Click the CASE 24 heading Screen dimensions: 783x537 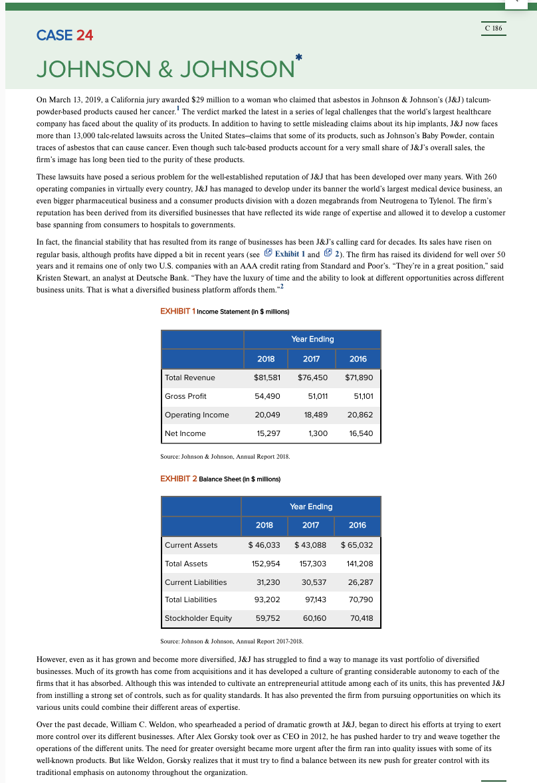point(65,35)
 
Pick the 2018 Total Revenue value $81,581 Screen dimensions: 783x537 point(267,378)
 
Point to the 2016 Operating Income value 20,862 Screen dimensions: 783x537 point(360,415)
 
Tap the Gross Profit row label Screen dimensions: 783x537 point(185,396)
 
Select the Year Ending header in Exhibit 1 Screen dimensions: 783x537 point(312,339)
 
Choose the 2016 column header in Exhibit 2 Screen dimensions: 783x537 point(357,525)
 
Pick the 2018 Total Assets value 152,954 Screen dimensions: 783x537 point(265,564)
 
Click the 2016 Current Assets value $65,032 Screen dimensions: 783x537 point(357,545)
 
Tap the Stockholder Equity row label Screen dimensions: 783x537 point(198,618)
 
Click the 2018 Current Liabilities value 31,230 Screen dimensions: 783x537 point(267,582)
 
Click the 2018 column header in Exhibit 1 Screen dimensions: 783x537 point(266,359)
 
